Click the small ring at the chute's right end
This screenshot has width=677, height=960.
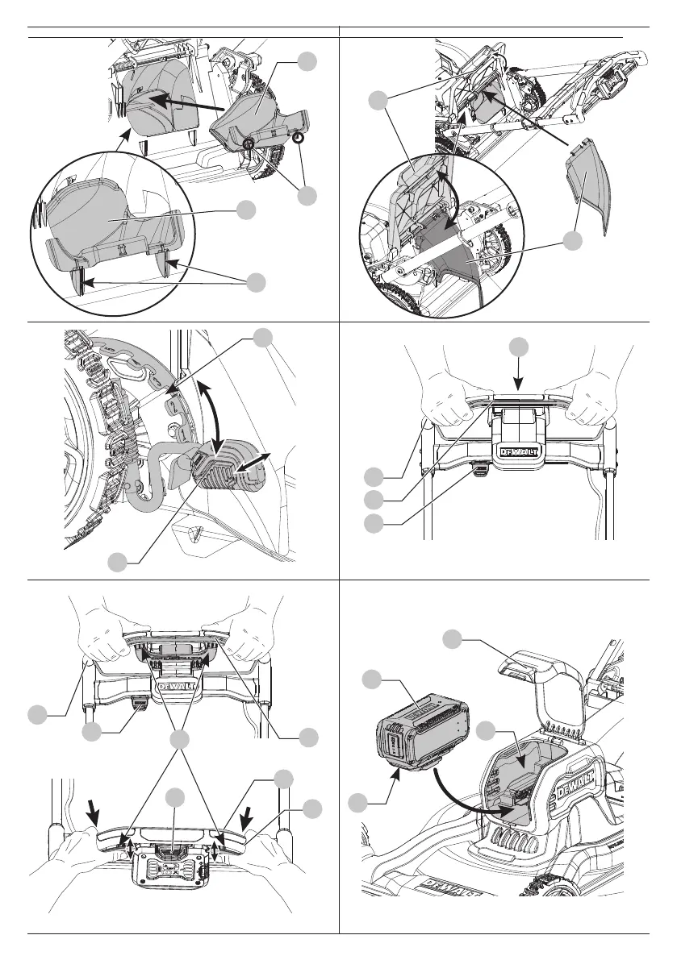pos(299,138)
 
